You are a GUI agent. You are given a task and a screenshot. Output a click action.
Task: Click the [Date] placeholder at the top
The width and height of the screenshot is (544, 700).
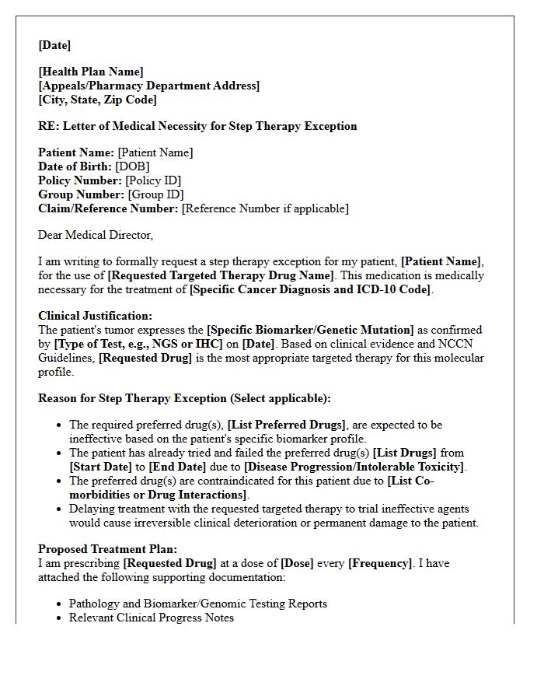(x=54, y=45)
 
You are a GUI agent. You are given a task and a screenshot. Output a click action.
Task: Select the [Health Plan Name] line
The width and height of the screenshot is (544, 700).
(x=91, y=72)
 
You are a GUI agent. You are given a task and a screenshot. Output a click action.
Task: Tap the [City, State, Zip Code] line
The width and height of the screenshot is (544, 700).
(x=97, y=100)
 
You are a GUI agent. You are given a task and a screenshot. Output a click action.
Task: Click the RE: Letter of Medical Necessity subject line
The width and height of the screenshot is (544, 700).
(x=197, y=126)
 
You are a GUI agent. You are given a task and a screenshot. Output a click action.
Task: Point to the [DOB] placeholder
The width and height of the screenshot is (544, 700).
(x=132, y=166)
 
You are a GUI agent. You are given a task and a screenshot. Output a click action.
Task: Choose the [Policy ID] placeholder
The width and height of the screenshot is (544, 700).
(x=153, y=180)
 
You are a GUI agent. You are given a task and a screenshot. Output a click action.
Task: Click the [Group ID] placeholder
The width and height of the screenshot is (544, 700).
(x=155, y=194)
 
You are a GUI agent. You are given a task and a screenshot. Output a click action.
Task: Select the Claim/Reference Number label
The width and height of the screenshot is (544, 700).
(x=108, y=208)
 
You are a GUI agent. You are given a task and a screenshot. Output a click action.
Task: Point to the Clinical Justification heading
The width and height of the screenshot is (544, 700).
(x=96, y=316)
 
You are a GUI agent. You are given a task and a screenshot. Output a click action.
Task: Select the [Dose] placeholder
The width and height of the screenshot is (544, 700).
(x=297, y=563)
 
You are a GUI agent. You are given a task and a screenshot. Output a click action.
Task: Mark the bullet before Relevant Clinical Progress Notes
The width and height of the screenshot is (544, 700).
(x=61, y=618)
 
